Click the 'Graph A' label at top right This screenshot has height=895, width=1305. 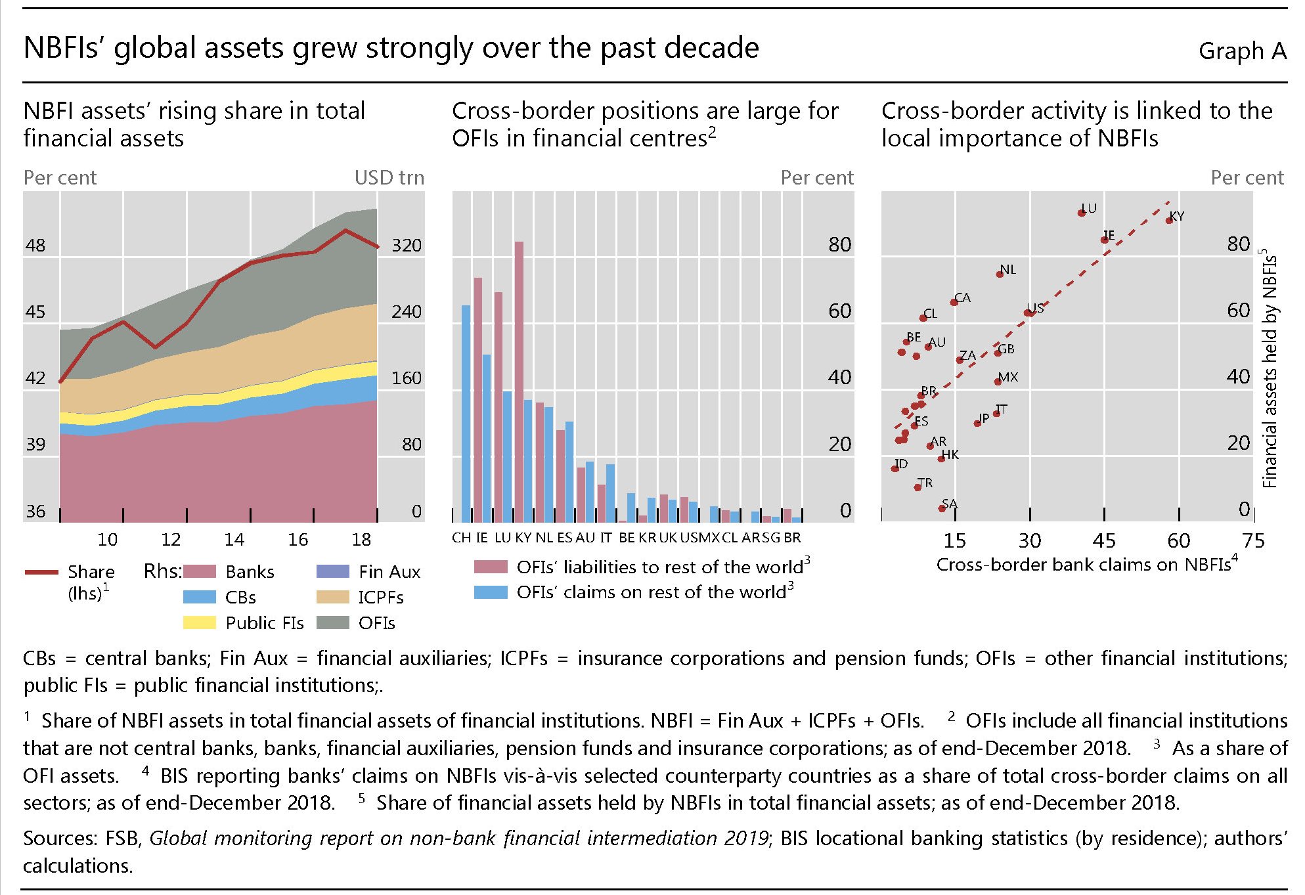1241,51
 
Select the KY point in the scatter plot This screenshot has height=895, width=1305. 1169,220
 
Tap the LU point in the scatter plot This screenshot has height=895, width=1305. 1082,213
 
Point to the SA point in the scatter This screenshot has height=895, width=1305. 942,508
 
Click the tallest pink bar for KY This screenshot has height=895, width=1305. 519,381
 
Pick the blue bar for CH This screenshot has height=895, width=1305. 466,414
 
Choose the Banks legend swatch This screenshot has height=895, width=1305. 200,571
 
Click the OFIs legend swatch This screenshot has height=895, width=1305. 332,622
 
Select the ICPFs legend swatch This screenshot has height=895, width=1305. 332,597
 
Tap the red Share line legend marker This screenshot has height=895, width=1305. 41,572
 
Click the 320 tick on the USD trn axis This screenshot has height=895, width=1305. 406,246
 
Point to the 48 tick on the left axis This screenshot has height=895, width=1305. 35,246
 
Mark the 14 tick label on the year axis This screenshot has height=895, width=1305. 234,540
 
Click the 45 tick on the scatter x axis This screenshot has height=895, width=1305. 1104,541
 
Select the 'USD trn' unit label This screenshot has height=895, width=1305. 389,178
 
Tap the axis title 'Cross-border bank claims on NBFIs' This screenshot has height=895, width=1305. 1084,565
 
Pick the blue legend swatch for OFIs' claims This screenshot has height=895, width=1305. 491,592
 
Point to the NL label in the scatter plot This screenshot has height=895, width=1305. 1008,270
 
